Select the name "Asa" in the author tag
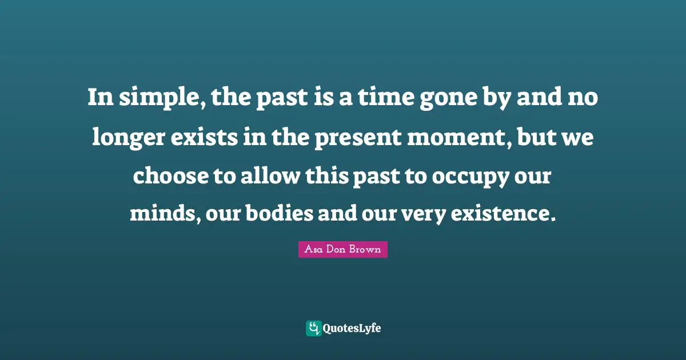[x=313, y=250]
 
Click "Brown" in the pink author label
[x=368, y=250]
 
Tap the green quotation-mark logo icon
[x=313, y=328]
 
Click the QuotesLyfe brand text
[x=352, y=328]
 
